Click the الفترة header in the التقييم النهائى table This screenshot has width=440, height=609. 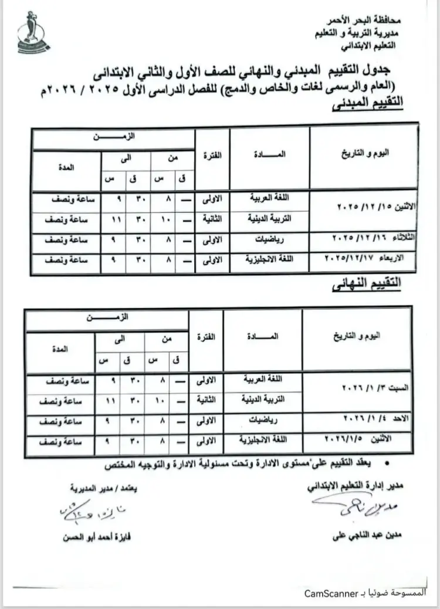(x=207, y=337)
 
